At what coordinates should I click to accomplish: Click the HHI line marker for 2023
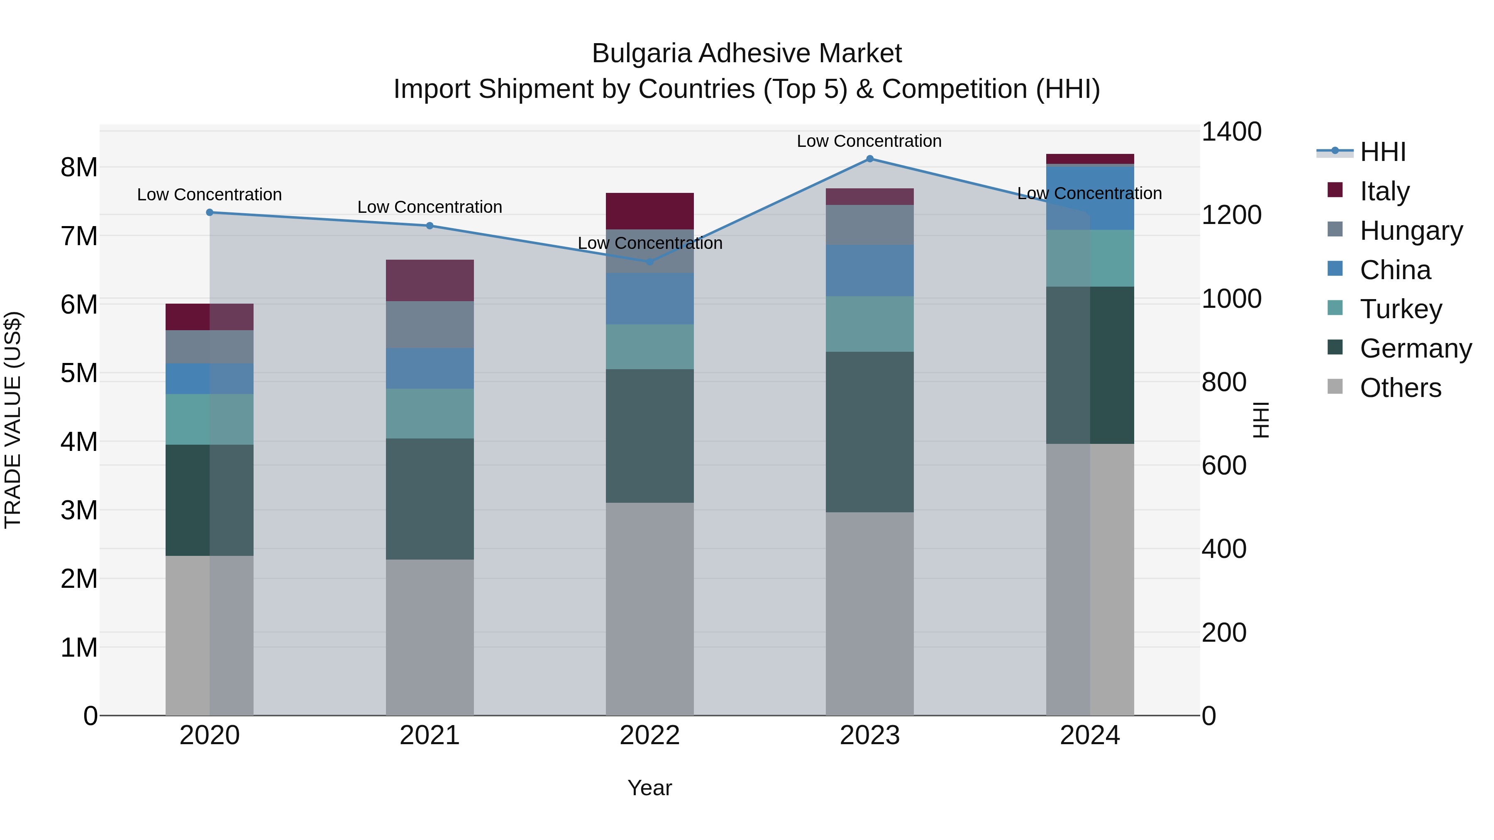[869, 159]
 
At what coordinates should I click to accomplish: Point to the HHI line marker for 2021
[430, 226]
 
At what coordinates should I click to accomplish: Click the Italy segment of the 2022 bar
[649, 211]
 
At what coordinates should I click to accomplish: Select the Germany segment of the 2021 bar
[430, 499]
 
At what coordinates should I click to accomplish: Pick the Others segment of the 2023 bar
[869, 614]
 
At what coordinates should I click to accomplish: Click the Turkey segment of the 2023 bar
[869, 324]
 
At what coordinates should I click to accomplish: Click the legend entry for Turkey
[1400, 309]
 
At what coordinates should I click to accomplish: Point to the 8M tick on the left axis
[79, 168]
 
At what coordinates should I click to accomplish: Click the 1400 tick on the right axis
[1231, 131]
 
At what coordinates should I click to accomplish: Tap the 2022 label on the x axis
[649, 735]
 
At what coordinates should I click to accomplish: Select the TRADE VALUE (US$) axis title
[13, 420]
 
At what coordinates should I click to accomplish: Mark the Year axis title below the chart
[649, 788]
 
